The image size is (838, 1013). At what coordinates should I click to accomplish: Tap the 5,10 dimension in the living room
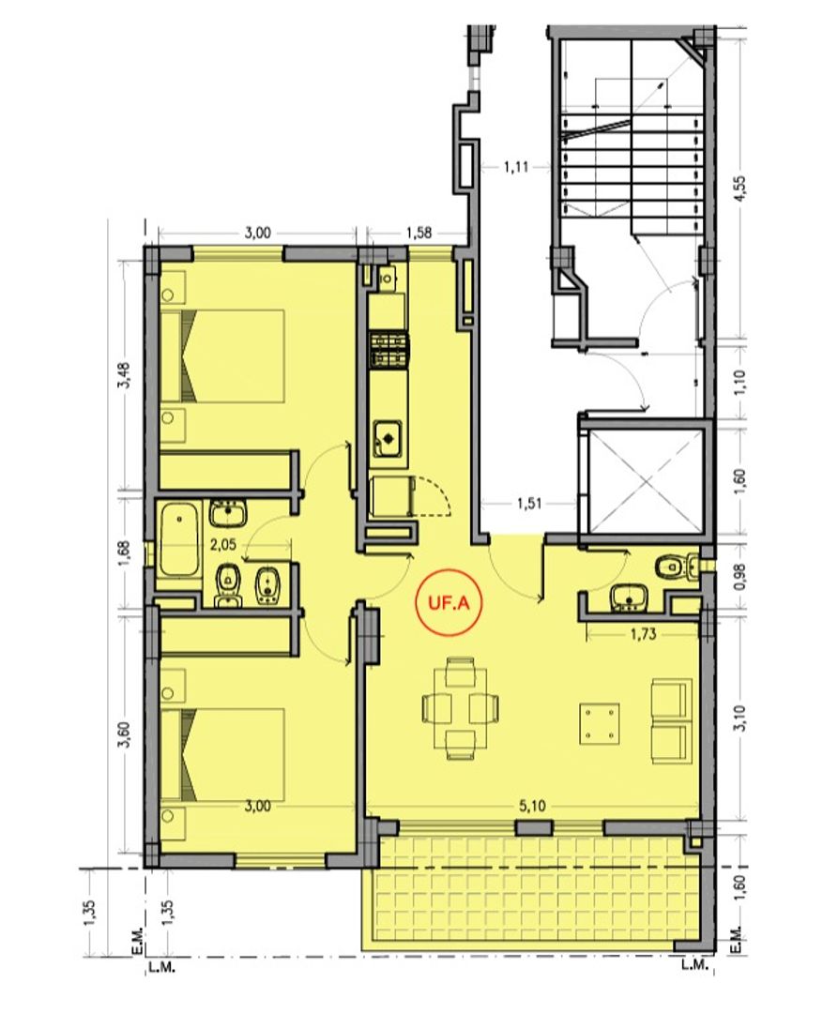point(532,806)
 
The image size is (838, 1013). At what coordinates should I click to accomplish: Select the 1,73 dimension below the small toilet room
point(643,634)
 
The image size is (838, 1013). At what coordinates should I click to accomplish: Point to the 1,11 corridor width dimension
point(516,167)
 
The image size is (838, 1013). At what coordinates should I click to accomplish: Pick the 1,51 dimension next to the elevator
point(529,503)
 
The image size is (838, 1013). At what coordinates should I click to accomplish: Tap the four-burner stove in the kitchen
point(389,350)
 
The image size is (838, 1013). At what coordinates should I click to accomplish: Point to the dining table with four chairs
point(460,707)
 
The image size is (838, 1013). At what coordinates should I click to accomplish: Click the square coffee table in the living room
point(600,723)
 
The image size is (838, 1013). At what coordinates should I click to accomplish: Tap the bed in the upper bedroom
point(222,356)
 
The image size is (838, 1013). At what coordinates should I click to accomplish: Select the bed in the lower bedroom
point(222,754)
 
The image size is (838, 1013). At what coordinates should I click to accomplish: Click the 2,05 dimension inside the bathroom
point(223,545)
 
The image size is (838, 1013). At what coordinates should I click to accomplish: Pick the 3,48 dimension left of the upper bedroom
point(125,374)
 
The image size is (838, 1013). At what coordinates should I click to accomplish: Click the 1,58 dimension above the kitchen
point(419,233)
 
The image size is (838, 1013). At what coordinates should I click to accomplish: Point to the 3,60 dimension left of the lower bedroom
point(125,733)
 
